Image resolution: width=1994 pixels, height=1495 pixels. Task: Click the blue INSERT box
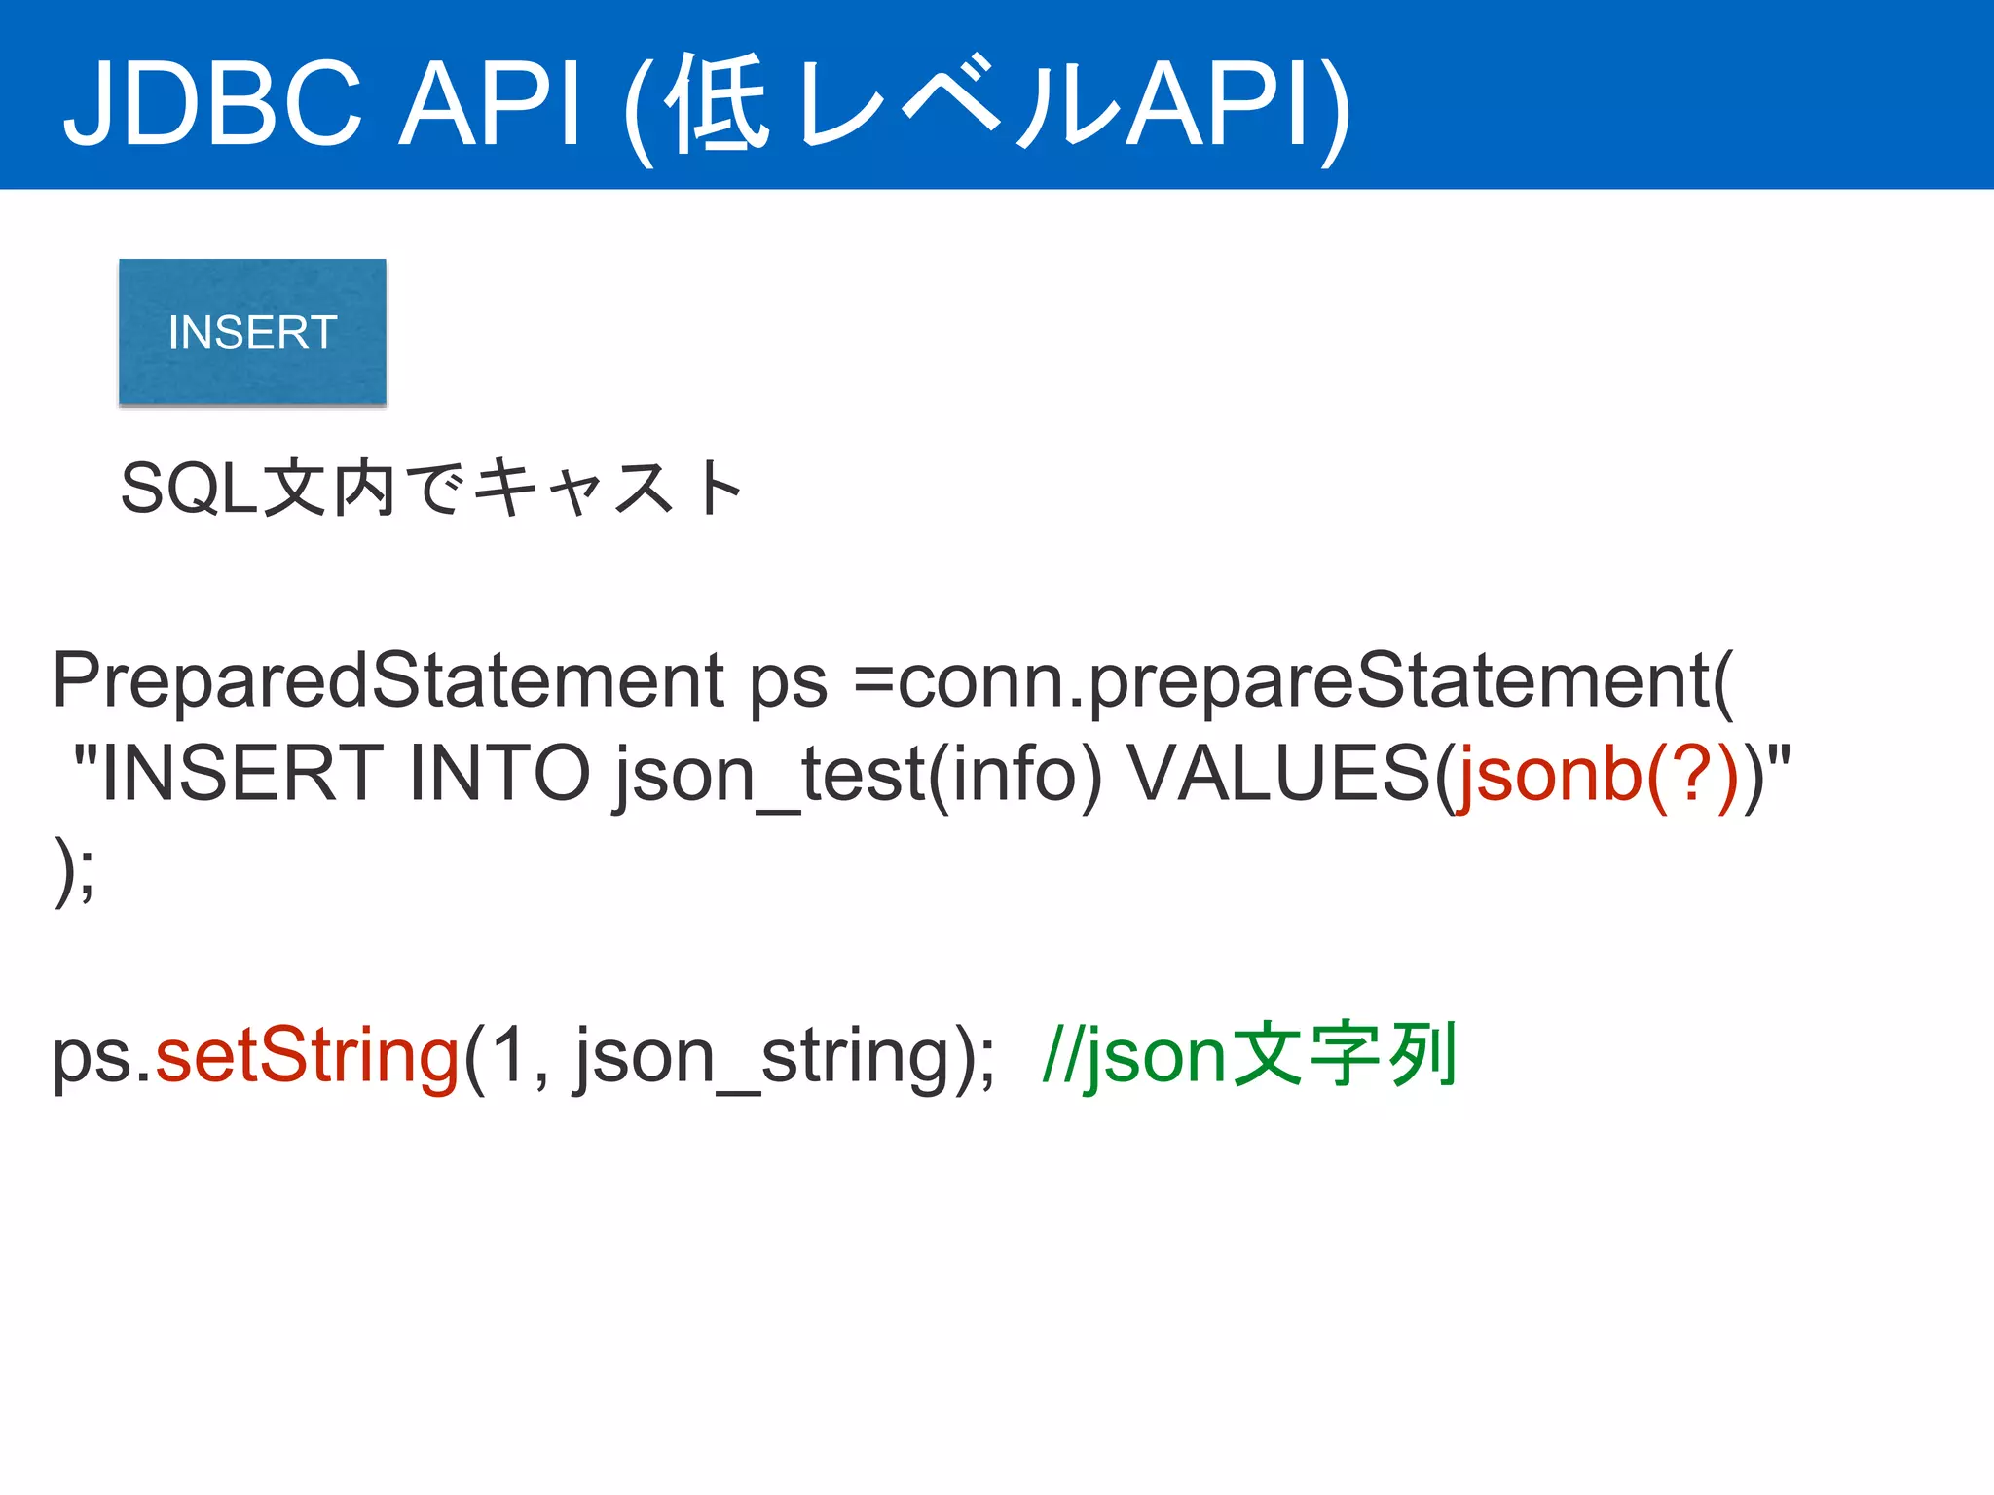252,332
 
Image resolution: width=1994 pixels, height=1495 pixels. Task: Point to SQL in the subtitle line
189,489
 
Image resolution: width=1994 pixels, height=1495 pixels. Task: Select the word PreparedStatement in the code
388,680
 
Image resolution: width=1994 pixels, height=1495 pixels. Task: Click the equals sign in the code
873,680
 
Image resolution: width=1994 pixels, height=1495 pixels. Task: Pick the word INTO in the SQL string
498,774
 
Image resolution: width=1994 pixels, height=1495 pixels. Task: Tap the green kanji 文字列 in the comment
1345,1055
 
